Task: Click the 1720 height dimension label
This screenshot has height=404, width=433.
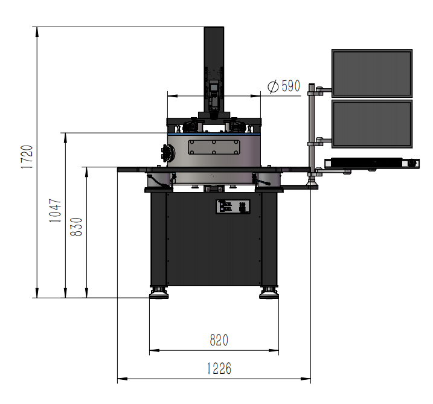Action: pos(27,156)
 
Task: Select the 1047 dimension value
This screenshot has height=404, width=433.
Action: pos(55,210)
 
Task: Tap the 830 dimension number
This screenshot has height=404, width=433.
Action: pos(76,226)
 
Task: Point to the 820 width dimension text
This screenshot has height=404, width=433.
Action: pos(219,340)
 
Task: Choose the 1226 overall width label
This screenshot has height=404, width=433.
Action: pos(219,368)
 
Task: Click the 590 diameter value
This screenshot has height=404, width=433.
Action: pos(290,86)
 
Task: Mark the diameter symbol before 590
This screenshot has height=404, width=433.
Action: pos(273,87)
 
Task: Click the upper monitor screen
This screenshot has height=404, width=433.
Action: pos(372,73)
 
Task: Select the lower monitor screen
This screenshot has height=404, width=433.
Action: pos(372,124)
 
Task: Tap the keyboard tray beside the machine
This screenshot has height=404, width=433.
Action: pos(371,163)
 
